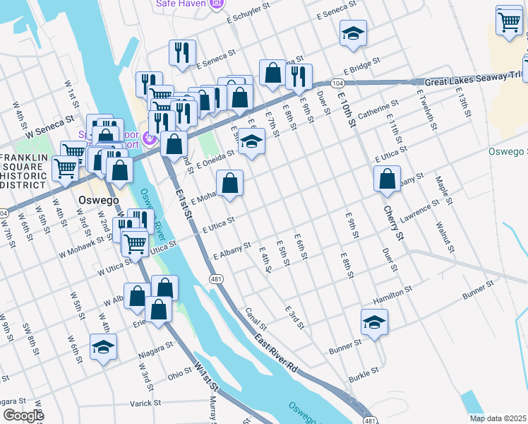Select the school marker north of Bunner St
pyautogui.click(x=374, y=322)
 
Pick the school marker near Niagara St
pyautogui.click(x=103, y=347)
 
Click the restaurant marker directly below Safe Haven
pyautogui.click(x=182, y=53)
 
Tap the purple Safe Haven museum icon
pyautogui.click(x=217, y=4)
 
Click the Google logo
pyautogui.click(x=23, y=416)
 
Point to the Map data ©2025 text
pyautogui.click(x=497, y=418)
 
